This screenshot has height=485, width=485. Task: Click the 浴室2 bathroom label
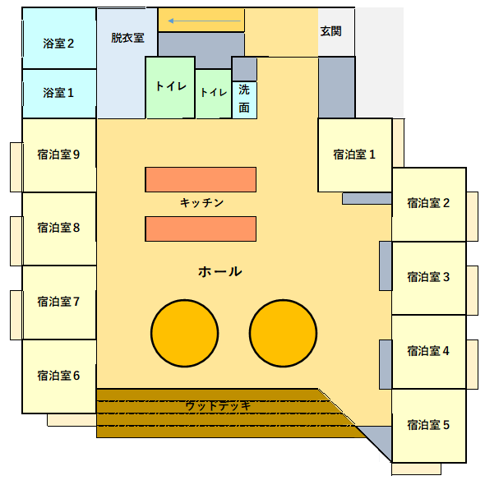point(58,44)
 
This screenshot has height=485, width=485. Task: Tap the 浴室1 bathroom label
point(58,93)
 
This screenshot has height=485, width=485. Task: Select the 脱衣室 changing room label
point(127,38)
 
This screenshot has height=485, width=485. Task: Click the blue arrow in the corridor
point(204,21)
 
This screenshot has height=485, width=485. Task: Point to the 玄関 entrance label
point(330,31)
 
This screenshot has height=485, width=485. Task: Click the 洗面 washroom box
point(244,100)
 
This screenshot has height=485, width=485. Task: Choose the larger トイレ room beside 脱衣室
point(170,87)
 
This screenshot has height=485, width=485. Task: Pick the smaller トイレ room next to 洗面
point(214,94)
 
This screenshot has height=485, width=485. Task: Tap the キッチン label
point(201,203)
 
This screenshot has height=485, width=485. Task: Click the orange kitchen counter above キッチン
point(201,180)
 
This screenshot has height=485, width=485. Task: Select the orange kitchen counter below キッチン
point(201,229)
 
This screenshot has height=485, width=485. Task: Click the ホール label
point(220,271)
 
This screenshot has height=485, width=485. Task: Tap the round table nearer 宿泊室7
point(185,333)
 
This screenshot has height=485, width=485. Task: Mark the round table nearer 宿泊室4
point(283,333)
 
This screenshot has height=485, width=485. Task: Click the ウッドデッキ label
point(218,406)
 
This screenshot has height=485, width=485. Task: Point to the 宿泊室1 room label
point(354,155)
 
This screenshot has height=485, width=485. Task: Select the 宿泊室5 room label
point(428,425)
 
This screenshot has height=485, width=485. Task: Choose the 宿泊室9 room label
point(58,155)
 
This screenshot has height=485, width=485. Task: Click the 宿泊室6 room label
point(58,376)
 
